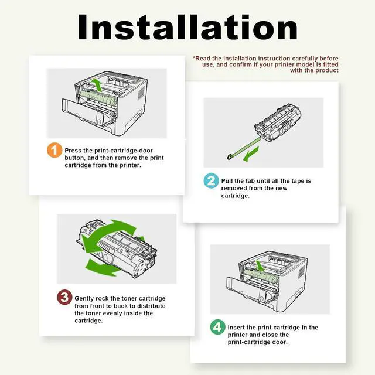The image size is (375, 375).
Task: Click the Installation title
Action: [x=187, y=27]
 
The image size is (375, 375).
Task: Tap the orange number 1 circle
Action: [x=54, y=150]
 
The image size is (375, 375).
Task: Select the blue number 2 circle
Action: [x=211, y=180]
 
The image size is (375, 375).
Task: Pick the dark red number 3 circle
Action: [x=64, y=297]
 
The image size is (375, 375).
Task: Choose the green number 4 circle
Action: [x=217, y=327]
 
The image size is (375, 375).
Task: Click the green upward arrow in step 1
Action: [x=97, y=84]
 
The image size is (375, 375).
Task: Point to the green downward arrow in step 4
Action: [x=260, y=266]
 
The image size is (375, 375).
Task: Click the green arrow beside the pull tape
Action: [x=251, y=154]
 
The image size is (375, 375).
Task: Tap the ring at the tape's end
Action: [x=230, y=157]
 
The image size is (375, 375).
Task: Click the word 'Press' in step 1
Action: [x=73, y=151]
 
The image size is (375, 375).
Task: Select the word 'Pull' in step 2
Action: [x=227, y=181]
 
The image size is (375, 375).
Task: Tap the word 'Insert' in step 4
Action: [x=237, y=327]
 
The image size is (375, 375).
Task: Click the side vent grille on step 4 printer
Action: [x=301, y=272]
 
